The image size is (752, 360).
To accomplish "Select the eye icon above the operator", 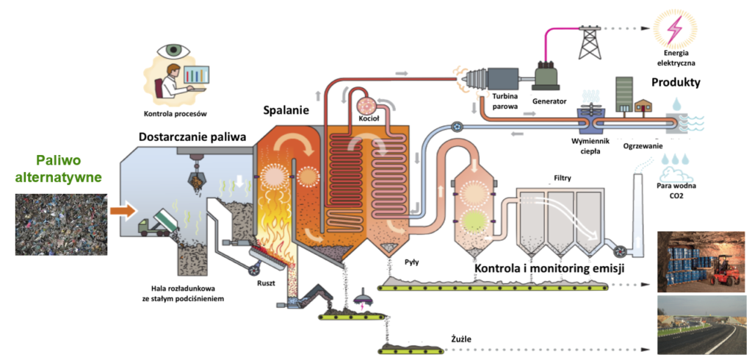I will click(x=173, y=51).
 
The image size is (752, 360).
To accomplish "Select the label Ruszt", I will click(x=267, y=283).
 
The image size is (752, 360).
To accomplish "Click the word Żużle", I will click(x=460, y=339).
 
